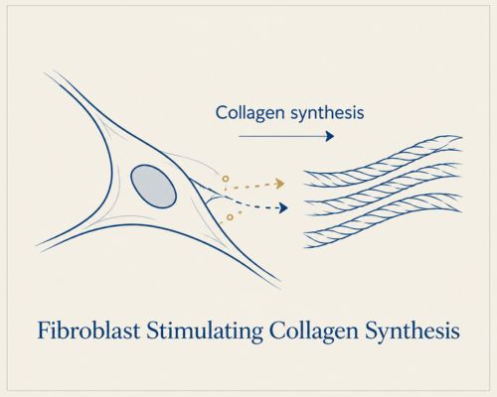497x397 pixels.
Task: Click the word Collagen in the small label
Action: tap(250, 113)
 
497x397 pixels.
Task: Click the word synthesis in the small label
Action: tap(327, 113)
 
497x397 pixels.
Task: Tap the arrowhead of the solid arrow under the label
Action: tap(330, 136)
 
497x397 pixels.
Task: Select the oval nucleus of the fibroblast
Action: tap(153, 187)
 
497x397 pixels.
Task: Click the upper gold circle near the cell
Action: tap(226, 179)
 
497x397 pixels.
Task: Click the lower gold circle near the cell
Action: tap(230, 217)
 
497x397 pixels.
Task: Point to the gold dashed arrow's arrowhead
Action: tap(280, 184)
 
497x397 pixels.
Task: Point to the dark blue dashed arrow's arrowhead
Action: tap(283, 208)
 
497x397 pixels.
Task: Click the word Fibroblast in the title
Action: tap(88, 331)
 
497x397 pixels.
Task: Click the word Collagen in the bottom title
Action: tap(314, 331)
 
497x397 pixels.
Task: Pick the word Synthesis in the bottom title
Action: tap(413, 331)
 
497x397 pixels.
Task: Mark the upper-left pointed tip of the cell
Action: tap(47, 72)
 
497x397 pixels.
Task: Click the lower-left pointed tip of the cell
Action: tap(37, 246)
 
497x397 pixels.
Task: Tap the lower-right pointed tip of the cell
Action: tap(280, 282)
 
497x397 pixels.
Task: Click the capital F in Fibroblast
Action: tap(44, 331)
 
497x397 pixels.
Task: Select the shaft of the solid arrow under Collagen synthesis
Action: tap(282, 136)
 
